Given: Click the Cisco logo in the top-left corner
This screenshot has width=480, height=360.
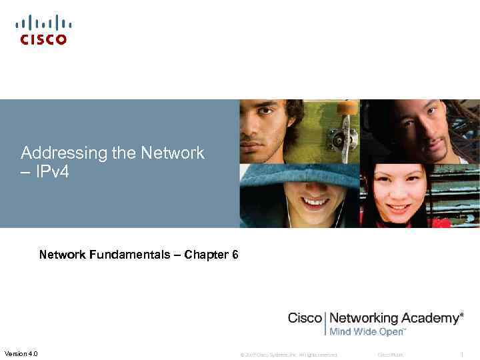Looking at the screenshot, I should tap(43, 30).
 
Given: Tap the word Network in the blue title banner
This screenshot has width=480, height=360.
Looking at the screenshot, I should tap(172, 153).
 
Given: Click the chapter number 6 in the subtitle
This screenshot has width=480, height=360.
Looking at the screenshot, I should tap(235, 255).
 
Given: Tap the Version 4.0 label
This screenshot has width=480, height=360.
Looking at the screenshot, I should tap(21, 353).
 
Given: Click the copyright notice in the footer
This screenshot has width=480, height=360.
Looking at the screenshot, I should tap(289, 355).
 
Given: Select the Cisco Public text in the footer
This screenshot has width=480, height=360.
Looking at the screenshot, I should tap(391, 355).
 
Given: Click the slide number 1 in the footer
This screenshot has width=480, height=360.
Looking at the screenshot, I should tap(461, 355).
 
